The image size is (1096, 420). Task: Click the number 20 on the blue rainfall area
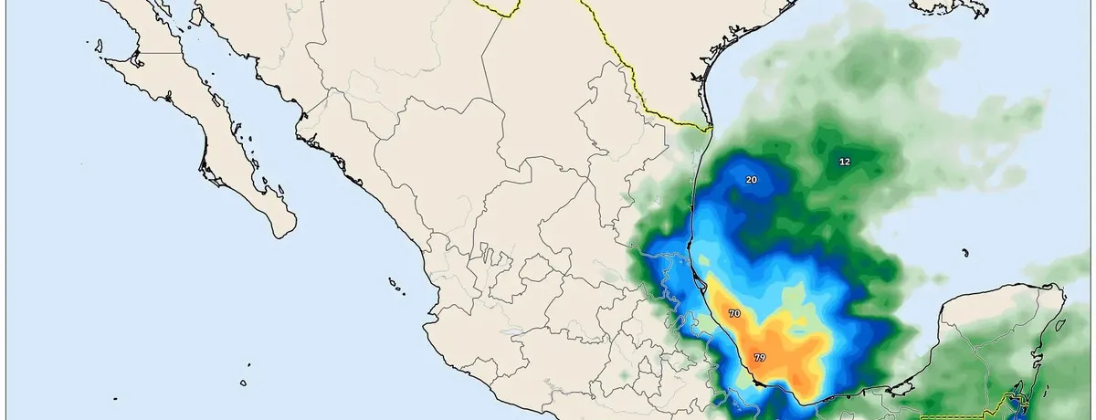751,180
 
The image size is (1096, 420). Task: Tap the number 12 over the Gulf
844,162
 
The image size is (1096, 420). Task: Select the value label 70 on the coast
734,313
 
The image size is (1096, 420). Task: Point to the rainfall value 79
759,356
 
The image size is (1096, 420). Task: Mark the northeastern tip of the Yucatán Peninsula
1059,289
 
